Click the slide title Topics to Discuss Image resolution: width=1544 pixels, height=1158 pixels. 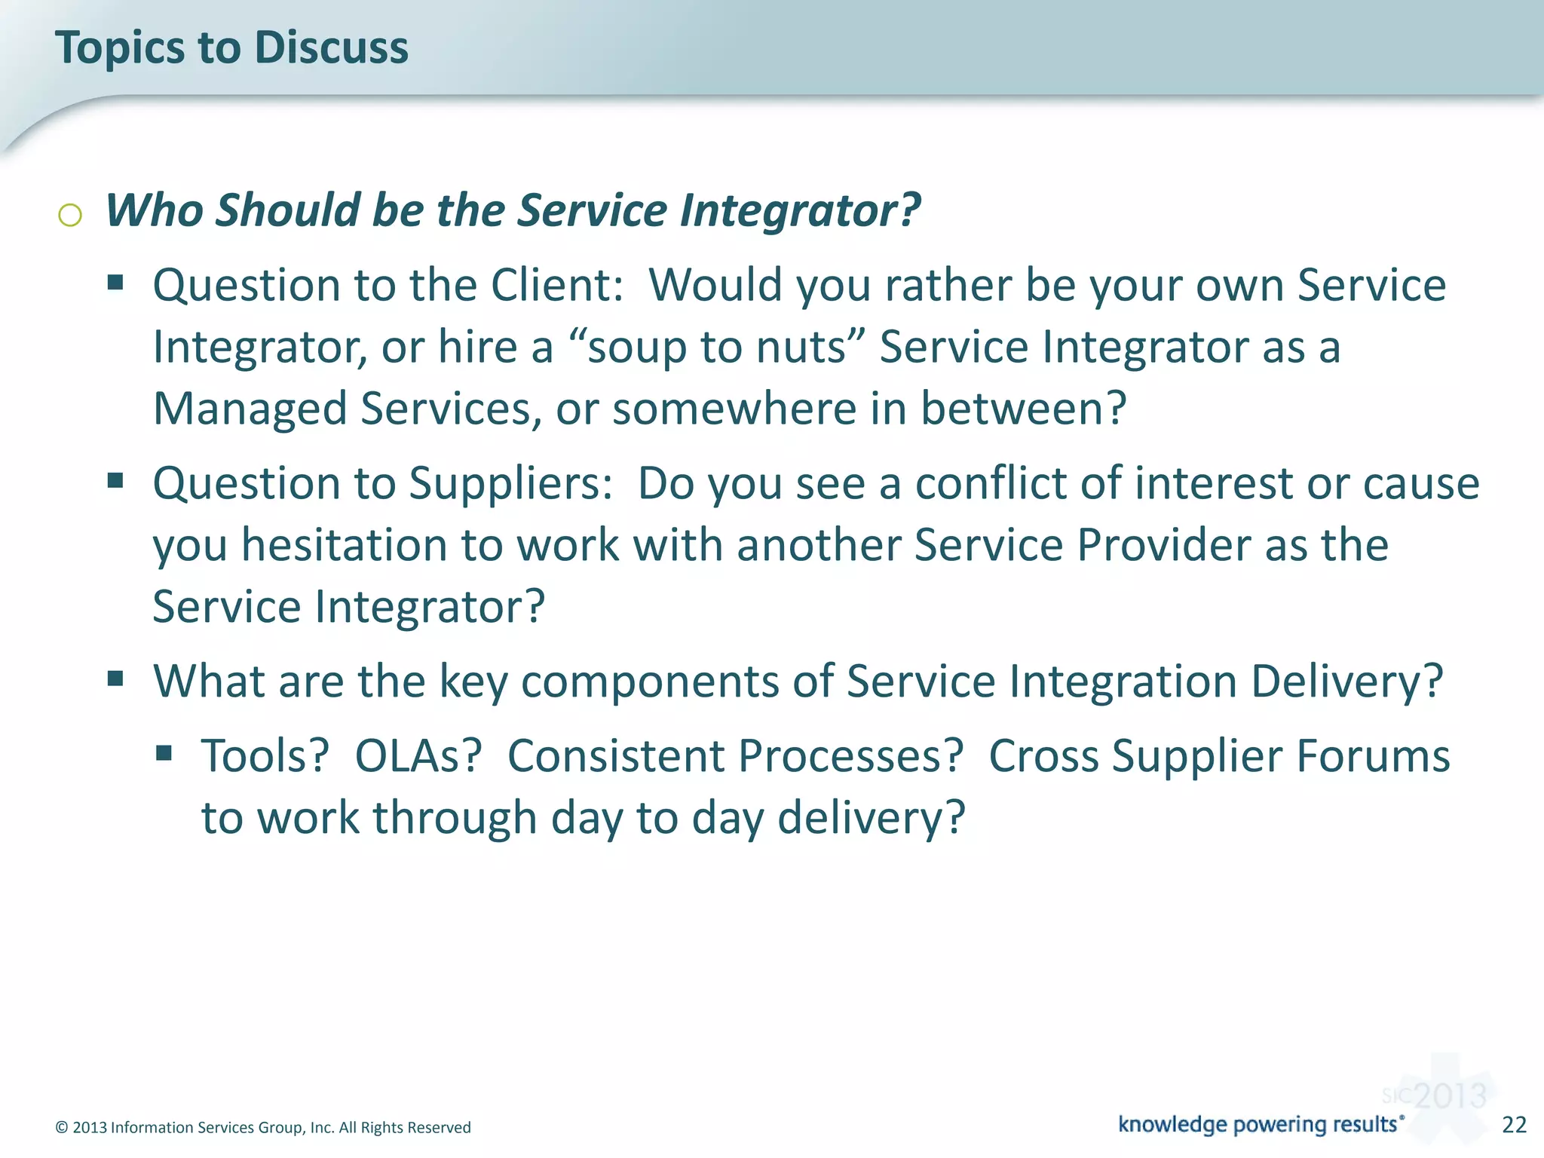pos(231,47)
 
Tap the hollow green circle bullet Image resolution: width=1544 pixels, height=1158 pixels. pos(69,216)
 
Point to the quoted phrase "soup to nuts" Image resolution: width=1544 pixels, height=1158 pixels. pos(716,348)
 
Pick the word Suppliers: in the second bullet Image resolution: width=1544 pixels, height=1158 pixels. pos(510,482)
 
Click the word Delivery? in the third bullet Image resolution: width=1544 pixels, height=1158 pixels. pos(1346,681)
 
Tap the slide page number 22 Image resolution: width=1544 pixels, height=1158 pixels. pos(1514,1124)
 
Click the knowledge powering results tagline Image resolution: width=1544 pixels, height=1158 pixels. pos(1260,1124)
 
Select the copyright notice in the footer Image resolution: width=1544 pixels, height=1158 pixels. pos(263,1127)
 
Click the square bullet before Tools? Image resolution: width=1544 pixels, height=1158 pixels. pos(164,752)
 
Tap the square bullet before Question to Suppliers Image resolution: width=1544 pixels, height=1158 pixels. pos(115,480)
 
